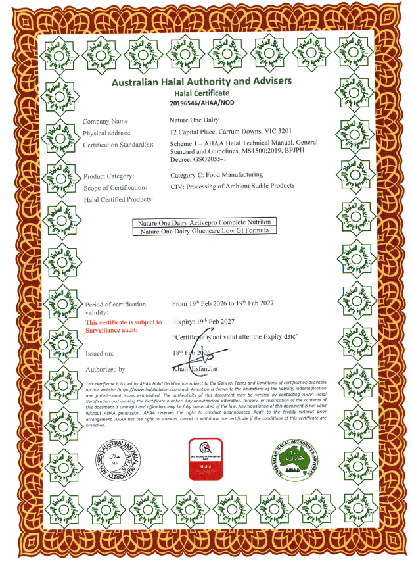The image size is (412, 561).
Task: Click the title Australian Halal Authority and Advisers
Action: [201, 82]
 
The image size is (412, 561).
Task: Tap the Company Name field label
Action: [105, 122]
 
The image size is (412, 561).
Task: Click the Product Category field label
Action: [109, 176]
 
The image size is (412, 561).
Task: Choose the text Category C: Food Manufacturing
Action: [216, 175]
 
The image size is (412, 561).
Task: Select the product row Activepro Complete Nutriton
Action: [203, 222]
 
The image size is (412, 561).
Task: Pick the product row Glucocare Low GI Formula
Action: [203, 230]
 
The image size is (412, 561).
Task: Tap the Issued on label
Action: [99, 353]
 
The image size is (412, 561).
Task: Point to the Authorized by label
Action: [104, 370]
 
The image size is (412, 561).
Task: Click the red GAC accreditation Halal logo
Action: [206, 458]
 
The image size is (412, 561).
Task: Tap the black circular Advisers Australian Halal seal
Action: [116, 458]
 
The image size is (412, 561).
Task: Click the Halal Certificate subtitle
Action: [201, 93]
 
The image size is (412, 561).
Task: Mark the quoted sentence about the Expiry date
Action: [236, 336]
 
